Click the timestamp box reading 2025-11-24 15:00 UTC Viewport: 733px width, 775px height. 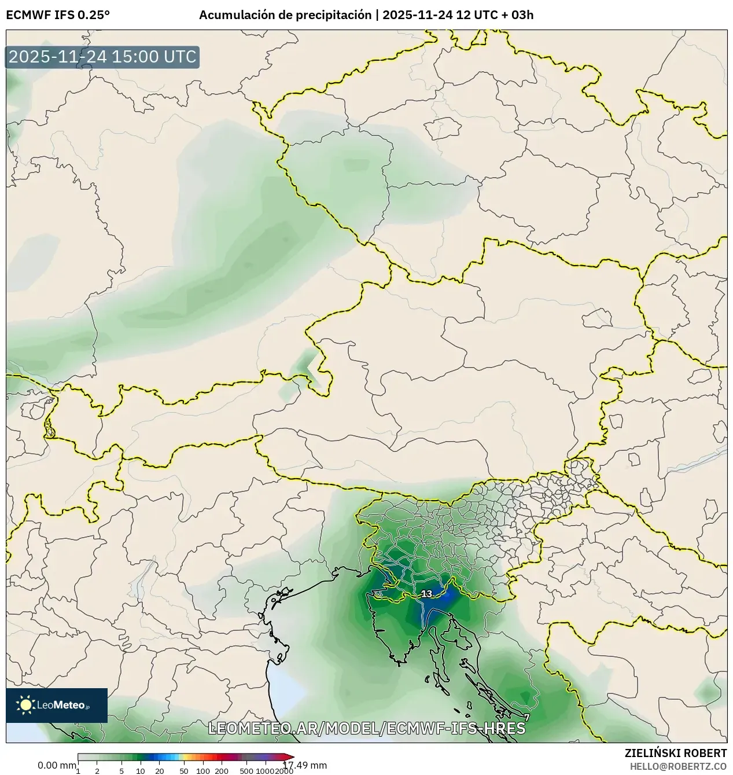(x=102, y=57)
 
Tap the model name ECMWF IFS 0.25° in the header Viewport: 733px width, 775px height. (x=58, y=15)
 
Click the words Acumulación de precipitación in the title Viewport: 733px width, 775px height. (x=285, y=15)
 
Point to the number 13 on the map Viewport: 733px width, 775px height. (x=426, y=594)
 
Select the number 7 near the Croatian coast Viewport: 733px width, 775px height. (x=526, y=717)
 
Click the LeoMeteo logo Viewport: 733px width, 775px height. (x=57, y=705)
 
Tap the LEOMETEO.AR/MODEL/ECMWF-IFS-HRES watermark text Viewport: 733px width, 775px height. (x=366, y=728)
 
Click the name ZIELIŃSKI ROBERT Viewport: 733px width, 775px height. (x=676, y=753)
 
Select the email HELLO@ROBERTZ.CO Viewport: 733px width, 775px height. (x=678, y=766)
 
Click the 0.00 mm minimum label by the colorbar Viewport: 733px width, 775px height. (x=57, y=765)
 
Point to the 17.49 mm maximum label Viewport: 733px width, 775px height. (x=305, y=765)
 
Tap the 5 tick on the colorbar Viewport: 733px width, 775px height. (x=121, y=771)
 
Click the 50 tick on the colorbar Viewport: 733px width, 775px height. (x=184, y=771)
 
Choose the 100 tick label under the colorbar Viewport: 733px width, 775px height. (x=203, y=771)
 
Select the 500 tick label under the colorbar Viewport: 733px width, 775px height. (x=246, y=771)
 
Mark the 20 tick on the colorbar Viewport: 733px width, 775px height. (x=160, y=771)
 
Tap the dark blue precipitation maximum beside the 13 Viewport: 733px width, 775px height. (x=441, y=602)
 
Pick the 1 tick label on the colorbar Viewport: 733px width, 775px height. (x=78, y=771)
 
